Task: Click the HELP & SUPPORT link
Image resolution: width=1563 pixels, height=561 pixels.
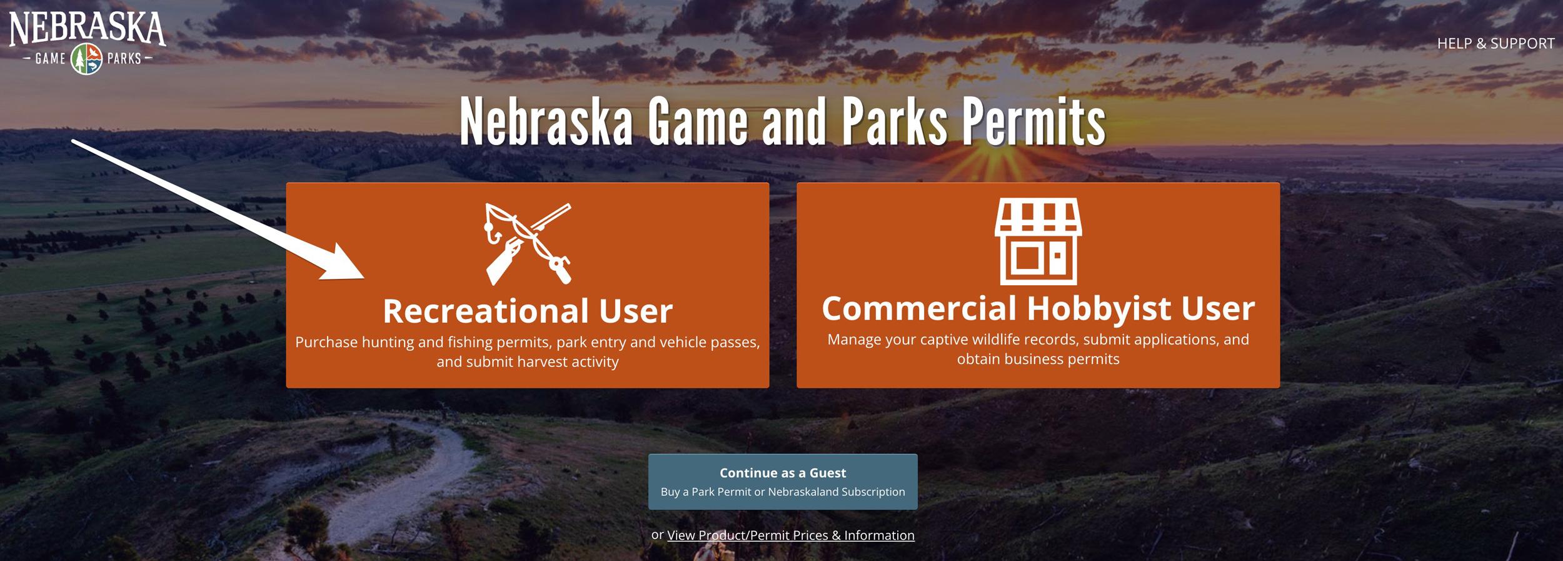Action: tap(1495, 44)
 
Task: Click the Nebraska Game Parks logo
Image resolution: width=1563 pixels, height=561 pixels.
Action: tap(87, 41)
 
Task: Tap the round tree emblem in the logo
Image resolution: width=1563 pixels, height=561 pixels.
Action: tap(87, 59)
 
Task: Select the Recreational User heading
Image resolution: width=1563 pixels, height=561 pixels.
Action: tap(527, 311)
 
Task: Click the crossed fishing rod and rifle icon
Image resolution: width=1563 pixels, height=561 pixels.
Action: tap(528, 244)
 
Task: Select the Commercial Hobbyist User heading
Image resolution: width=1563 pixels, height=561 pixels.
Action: tap(1038, 308)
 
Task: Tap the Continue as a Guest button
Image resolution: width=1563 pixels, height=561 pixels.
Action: tap(783, 481)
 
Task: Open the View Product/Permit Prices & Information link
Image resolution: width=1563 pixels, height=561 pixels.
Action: tap(790, 535)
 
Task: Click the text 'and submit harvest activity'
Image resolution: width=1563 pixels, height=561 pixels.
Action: tap(527, 362)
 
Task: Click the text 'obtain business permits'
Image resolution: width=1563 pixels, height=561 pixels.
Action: tap(1038, 360)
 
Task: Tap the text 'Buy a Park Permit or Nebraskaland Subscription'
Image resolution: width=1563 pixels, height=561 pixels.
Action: tap(783, 492)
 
